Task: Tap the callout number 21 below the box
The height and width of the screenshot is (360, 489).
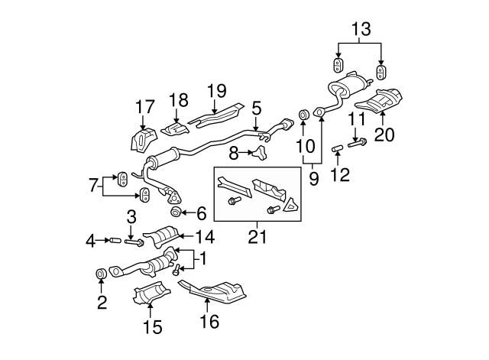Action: [257, 237]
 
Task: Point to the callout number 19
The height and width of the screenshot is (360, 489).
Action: [217, 91]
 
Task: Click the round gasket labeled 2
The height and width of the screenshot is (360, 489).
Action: [100, 274]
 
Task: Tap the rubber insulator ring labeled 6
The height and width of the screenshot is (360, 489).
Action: [175, 212]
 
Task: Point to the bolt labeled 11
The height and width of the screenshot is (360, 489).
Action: [358, 142]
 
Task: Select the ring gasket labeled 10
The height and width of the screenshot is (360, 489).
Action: [303, 115]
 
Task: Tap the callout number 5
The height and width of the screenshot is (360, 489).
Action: [257, 109]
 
